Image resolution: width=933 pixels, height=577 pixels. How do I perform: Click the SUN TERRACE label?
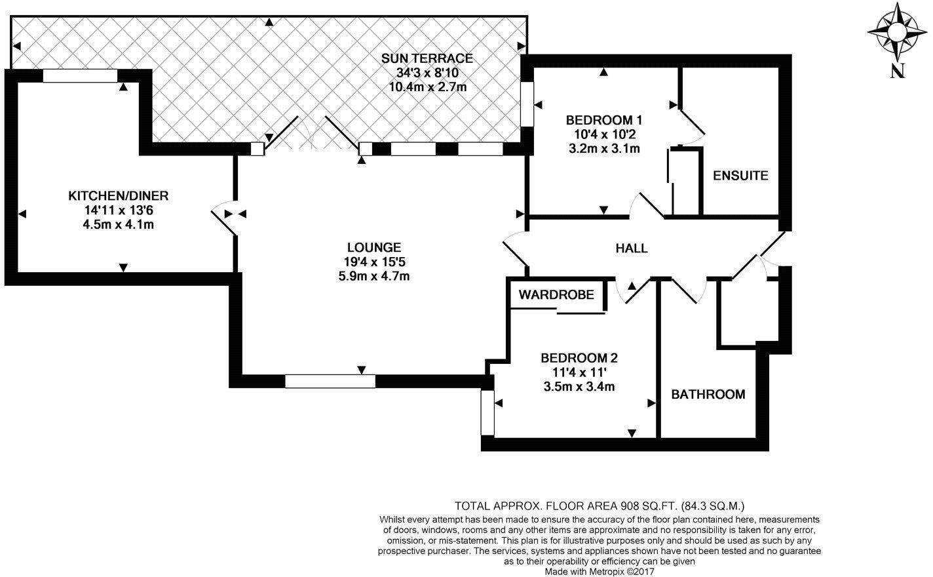(427, 58)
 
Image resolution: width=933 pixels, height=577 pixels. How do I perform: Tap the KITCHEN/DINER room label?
(119, 196)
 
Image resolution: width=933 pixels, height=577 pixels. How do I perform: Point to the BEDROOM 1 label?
(603, 120)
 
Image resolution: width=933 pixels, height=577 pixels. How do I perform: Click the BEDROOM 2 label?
(579, 359)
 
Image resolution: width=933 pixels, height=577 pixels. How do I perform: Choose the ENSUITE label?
(740, 176)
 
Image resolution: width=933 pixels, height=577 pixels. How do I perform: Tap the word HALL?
(632, 249)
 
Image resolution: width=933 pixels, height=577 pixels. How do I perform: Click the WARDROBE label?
(556, 295)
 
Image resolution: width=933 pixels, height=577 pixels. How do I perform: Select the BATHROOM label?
(708, 395)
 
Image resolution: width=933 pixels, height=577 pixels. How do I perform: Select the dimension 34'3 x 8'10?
(427, 73)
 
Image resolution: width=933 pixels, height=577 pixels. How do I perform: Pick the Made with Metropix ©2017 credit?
(600, 572)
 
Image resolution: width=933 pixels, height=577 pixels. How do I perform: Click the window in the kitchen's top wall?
(80, 76)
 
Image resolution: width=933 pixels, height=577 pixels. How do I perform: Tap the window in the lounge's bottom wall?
(330, 381)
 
